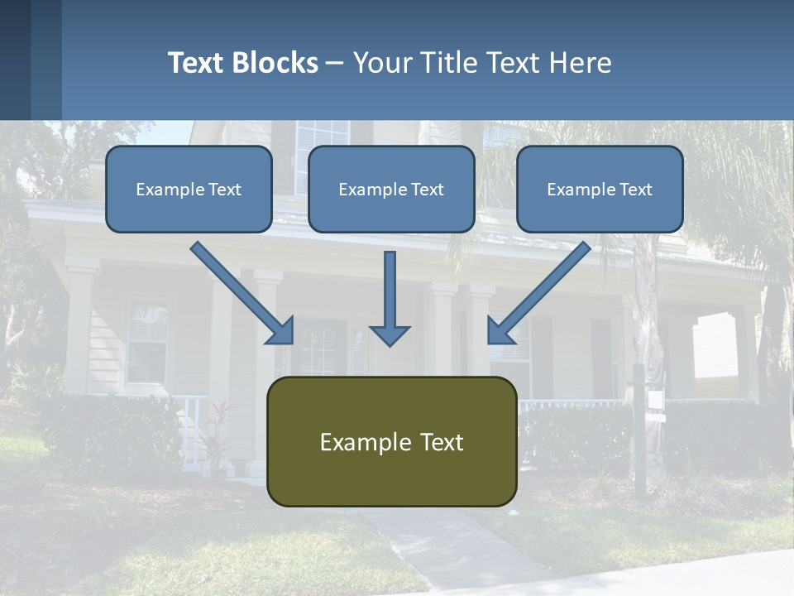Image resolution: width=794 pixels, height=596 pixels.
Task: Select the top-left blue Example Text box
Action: (x=189, y=189)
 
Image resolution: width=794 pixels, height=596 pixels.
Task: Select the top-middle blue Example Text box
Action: (x=391, y=189)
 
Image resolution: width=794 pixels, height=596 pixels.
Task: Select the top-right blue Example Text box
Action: (x=600, y=189)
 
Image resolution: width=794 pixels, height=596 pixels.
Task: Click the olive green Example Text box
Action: (x=391, y=441)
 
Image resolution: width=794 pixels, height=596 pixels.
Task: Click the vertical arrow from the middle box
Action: (x=390, y=298)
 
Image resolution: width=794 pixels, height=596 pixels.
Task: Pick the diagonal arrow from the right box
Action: (x=538, y=293)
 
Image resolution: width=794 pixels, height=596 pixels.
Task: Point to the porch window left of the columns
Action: (x=147, y=340)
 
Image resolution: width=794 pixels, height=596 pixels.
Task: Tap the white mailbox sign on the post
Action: (x=656, y=400)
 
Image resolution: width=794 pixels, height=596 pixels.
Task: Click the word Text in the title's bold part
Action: (x=197, y=63)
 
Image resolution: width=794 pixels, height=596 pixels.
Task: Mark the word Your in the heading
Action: (x=381, y=63)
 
